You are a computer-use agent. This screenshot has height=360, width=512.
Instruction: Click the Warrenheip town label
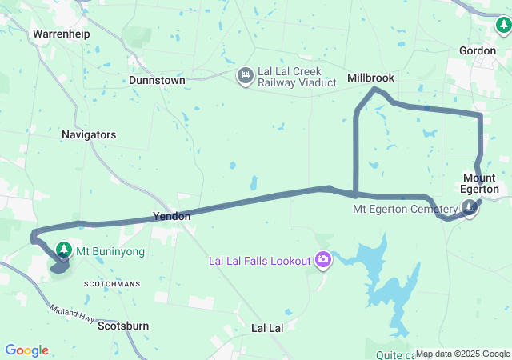[x=61, y=34]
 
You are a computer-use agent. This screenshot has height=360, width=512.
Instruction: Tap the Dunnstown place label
[x=158, y=81]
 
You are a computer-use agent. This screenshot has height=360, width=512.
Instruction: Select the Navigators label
[x=89, y=135]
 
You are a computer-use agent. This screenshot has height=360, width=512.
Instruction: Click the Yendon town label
[x=172, y=217]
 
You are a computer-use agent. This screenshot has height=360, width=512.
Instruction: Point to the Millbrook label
[x=370, y=78]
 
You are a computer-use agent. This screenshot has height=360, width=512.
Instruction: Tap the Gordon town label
[x=478, y=50]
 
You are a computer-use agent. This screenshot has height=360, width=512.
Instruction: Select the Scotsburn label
[x=124, y=326]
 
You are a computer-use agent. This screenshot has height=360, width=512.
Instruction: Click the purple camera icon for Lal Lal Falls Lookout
[x=323, y=258]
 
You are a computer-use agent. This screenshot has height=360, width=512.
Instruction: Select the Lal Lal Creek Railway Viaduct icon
[x=245, y=77]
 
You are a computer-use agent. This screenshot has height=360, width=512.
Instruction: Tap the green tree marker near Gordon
[x=504, y=27]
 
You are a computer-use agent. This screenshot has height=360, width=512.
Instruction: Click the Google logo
[x=26, y=350]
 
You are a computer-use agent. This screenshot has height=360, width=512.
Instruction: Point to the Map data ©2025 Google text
[x=462, y=354]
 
